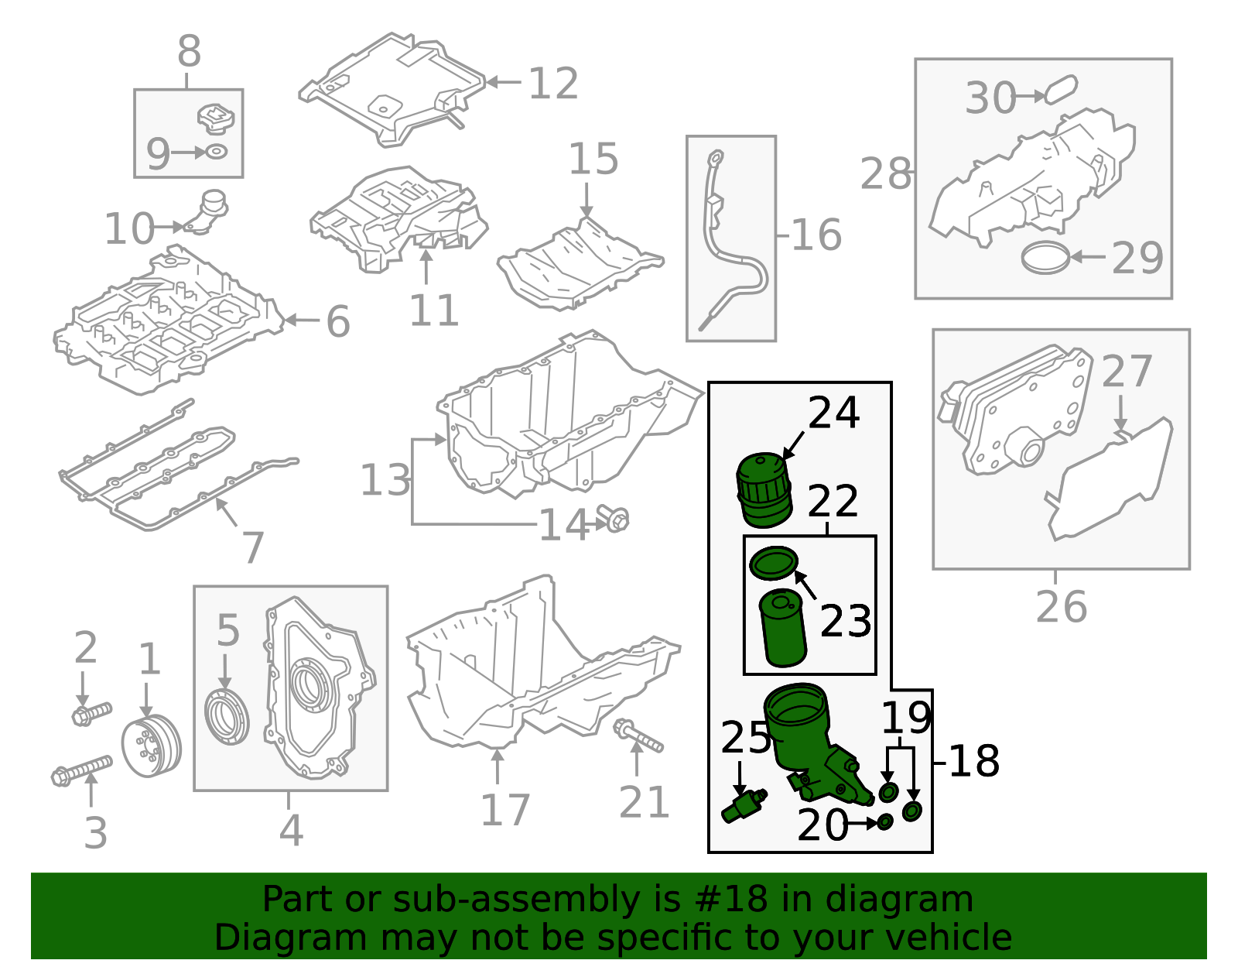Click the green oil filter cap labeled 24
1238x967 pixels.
coord(764,490)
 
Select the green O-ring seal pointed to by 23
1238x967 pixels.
coord(773,563)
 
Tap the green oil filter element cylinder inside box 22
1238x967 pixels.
coord(783,628)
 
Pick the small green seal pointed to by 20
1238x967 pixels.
coord(884,821)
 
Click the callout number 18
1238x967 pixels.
coord(973,762)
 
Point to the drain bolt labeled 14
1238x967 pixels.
coord(614,519)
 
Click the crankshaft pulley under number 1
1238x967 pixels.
coord(151,747)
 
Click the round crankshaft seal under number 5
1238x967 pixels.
coord(227,719)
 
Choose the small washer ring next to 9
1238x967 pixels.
coord(217,152)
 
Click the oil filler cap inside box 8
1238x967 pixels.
coord(215,118)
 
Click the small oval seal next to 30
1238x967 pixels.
coord(1061,90)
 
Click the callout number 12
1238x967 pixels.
coord(553,84)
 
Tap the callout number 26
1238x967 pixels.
coord(1061,607)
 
